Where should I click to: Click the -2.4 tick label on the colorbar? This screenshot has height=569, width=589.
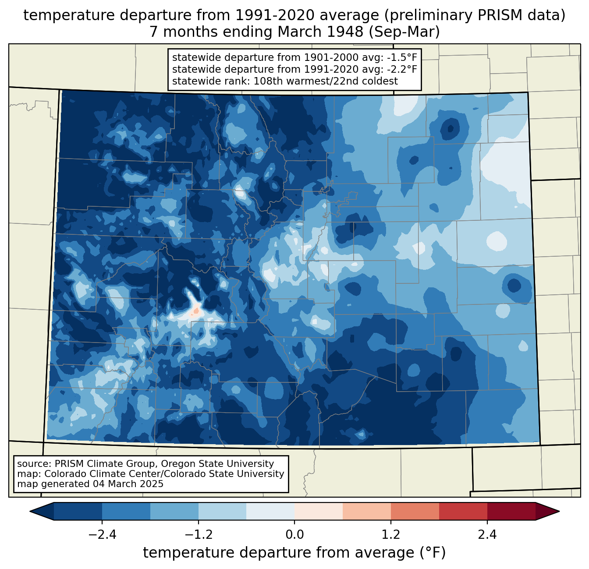pos(102,535)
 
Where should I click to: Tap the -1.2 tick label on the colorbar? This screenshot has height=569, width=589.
pos(198,535)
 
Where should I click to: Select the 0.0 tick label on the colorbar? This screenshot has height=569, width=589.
pos(294,535)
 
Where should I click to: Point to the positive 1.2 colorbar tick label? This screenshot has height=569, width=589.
pos(391,535)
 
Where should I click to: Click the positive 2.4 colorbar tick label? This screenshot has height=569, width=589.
pos(487,535)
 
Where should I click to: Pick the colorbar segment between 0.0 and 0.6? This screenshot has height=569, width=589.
pos(319,511)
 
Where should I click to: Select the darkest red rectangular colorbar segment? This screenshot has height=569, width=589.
pos(511,511)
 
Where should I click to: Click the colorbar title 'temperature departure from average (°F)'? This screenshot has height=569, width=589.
pos(294,553)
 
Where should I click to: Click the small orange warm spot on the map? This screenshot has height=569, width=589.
pos(195,312)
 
